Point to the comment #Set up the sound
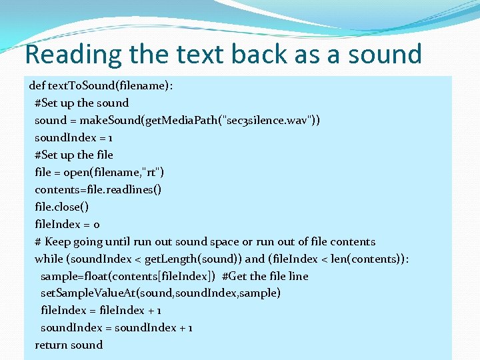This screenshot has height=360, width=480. (x=81, y=103)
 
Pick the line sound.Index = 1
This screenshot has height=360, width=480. (x=73, y=137)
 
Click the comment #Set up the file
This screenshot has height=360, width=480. (x=74, y=155)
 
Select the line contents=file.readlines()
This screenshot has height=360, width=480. (x=98, y=189)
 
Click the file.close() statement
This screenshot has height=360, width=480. (x=62, y=207)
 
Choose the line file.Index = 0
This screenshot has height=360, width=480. (x=67, y=224)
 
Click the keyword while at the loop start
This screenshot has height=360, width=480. (x=49, y=259)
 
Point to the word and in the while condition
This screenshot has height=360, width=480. (x=255, y=259)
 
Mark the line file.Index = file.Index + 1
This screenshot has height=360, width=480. (x=101, y=311)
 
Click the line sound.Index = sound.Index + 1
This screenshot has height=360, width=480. (x=116, y=328)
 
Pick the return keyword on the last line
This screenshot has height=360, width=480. (x=51, y=345)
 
